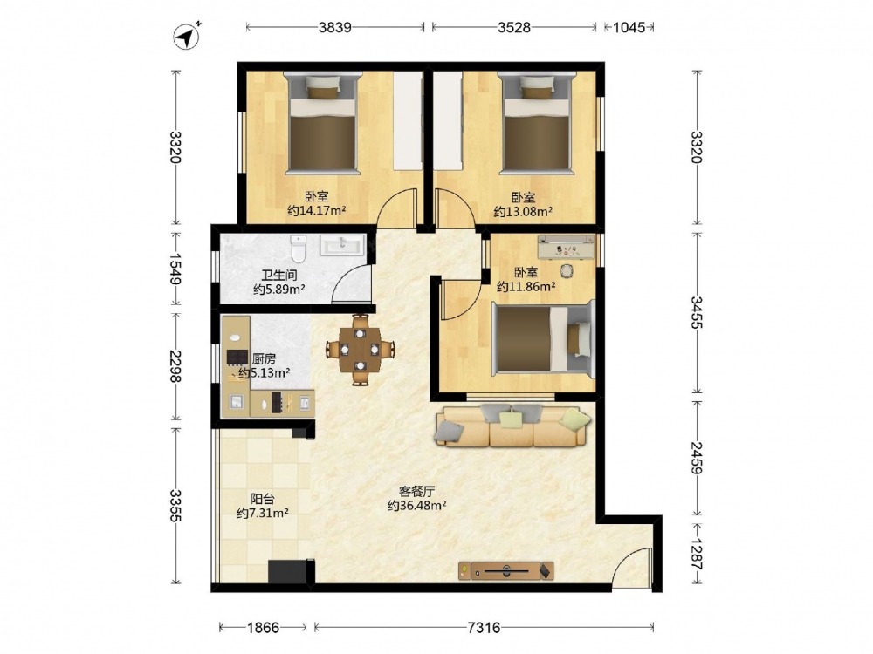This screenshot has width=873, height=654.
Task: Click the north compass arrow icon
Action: pyautogui.click(x=187, y=37)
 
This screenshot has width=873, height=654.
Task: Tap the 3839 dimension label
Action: pyautogui.click(x=334, y=27)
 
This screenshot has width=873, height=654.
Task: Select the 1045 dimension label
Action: pyautogui.click(x=629, y=27)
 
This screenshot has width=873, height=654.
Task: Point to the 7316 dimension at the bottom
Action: pyautogui.click(x=484, y=628)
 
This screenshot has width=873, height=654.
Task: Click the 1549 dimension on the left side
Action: pyautogui.click(x=175, y=269)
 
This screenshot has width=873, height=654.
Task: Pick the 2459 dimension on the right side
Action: pyautogui.click(x=697, y=458)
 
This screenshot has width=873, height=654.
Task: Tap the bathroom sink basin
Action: pyautogui.click(x=342, y=245)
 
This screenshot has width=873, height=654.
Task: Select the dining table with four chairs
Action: pyautogui.click(x=361, y=350)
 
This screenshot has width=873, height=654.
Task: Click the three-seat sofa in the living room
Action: pyautogui.click(x=512, y=426)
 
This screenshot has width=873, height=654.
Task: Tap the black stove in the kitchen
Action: pyautogui.click(x=237, y=357)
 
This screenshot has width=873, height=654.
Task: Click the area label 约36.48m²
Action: pyautogui.click(x=417, y=506)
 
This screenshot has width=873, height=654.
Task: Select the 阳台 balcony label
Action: pyautogui.click(x=262, y=498)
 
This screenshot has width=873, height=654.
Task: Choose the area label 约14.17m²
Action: pyautogui.click(x=317, y=211)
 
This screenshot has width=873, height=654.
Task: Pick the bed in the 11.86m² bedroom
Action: pyautogui.click(x=544, y=338)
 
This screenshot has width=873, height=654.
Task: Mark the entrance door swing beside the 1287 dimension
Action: pyautogui.click(x=632, y=567)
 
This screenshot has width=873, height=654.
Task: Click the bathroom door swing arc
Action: pyautogui.click(x=351, y=283)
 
